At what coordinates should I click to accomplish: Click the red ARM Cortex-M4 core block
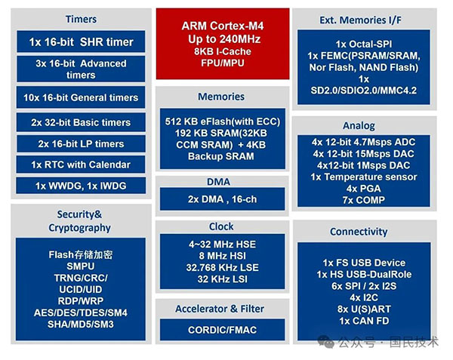(223, 44)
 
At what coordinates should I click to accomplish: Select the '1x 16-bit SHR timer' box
(81, 42)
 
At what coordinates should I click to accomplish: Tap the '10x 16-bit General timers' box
(81, 97)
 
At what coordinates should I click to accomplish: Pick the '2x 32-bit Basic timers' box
(81, 122)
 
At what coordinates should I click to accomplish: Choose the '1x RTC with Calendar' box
(81, 165)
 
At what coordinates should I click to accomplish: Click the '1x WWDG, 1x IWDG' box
(81, 186)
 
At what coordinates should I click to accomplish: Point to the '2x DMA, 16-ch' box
(223, 199)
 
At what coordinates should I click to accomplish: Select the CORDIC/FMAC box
(223, 330)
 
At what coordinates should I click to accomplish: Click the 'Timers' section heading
(82, 19)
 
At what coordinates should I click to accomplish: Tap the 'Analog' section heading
(359, 126)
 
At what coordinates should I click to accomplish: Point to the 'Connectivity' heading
(359, 232)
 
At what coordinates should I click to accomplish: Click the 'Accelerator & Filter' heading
(220, 309)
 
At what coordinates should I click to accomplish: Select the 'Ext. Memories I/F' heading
(360, 20)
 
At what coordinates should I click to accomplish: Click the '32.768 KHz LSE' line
(223, 268)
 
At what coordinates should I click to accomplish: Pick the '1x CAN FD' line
(364, 321)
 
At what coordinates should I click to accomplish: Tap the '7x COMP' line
(364, 200)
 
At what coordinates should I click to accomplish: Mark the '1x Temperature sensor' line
(364, 177)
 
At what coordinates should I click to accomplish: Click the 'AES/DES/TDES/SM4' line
(81, 312)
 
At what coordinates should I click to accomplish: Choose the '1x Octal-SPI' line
(364, 45)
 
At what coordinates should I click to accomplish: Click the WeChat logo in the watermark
(326, 342)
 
